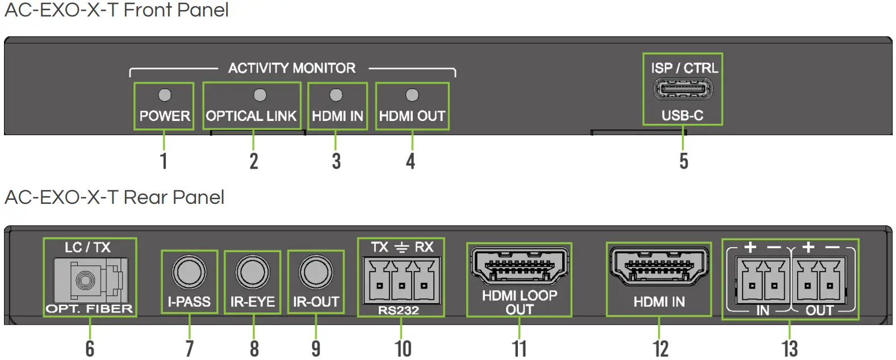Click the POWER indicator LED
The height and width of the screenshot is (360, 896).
pos(164,95)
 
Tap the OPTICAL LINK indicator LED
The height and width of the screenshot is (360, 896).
pos(259,95)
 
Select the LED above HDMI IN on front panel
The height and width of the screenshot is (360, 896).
pos(336,95)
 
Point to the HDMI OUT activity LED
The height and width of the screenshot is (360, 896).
pos(412,95)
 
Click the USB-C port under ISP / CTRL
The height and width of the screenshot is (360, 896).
pos(683,89)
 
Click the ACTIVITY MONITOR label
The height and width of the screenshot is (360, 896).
pos(292,68)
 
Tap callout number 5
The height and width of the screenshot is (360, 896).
pos(684,161)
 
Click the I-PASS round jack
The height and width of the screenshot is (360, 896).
pos(189,272)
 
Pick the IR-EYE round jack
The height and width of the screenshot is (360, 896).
pos(252,272)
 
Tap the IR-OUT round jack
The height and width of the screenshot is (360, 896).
pos(316,272)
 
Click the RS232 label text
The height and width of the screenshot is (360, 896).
pos(399,311)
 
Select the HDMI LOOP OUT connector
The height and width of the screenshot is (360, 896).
pos(519,266)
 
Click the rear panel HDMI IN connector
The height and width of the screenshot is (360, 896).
pos(658,266)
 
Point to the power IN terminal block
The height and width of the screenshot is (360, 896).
pos(763,280)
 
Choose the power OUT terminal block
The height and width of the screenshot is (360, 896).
pos(819,280)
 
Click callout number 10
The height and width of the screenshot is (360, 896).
pos(403,349)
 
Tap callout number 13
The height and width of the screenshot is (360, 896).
pos(789,349)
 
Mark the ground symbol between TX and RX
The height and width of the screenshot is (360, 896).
pos(401,248)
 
